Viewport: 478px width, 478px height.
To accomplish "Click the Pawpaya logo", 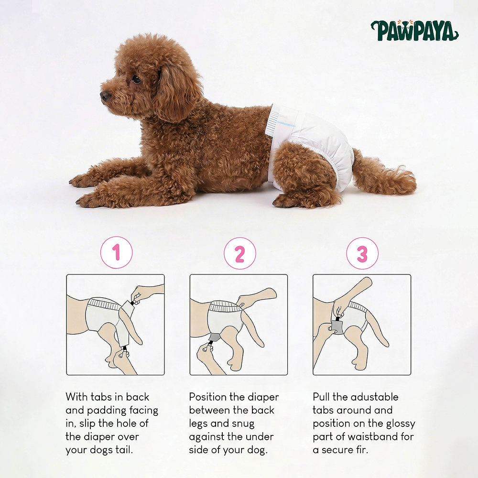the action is click(x=414, y=31).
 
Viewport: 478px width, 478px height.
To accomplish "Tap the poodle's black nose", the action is click(x=105, y=96).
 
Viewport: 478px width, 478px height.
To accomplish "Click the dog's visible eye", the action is click(x=136, y=79).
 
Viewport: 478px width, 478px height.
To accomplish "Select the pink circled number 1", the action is click(x=117, y=252).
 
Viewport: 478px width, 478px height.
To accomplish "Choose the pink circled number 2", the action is click(x=240, y=253).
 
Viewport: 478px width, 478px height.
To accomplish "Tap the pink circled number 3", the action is click(x=362, y=253).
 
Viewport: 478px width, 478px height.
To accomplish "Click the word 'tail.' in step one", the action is click(x=123, y=450).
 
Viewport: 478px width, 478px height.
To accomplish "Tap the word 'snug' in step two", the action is click(x=243, y=424).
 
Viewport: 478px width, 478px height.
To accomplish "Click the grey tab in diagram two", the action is click(x=215, y=337).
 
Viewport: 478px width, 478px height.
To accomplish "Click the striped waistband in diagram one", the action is click(x=104, y=304).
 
